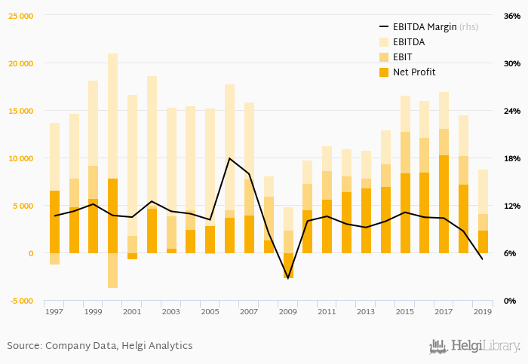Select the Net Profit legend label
coord(414,72)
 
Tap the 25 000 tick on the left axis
coord(21,16)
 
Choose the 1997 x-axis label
coord(54,311)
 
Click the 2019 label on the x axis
coord(483,311)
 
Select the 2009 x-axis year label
coord(288,311)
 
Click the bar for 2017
coord(444,173)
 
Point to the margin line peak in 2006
coord(229,158)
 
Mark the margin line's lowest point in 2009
coord(288,278)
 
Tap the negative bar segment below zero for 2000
coord(112,271)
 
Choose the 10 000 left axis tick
coord(21,158)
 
